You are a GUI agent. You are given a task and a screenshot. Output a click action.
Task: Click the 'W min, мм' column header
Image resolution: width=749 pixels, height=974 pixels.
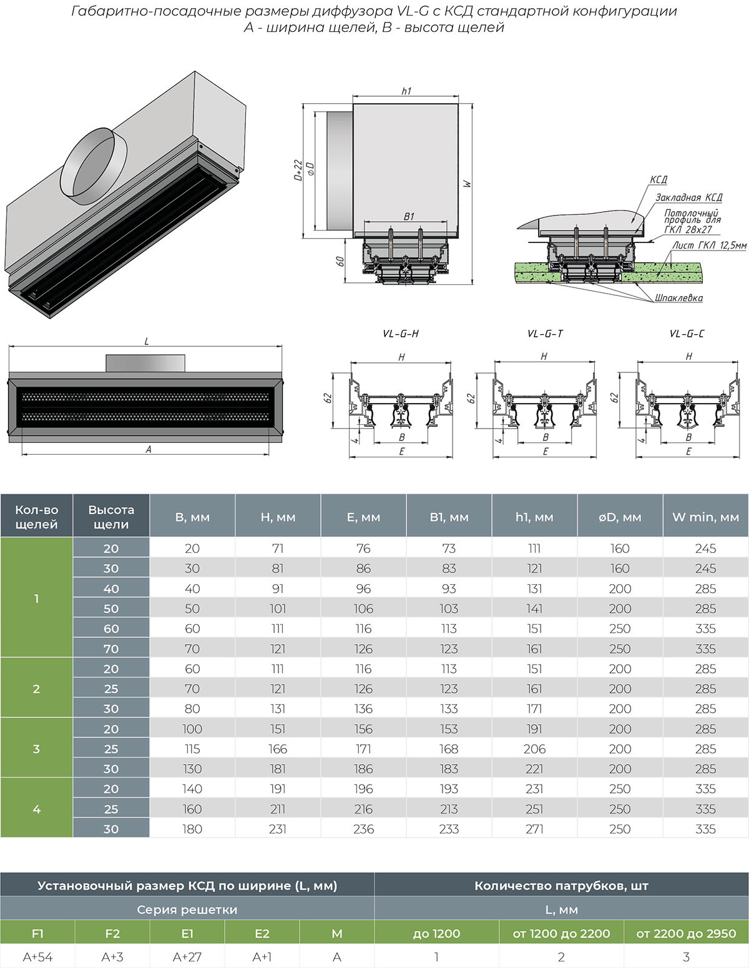click(705, 517)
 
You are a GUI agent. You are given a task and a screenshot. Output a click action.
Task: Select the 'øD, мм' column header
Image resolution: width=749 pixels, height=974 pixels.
click(619, 517)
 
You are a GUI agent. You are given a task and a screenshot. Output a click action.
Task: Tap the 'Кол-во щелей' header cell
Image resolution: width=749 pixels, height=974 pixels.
click(36, 517)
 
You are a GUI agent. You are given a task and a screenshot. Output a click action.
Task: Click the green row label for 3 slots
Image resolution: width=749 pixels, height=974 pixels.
click(36, 748)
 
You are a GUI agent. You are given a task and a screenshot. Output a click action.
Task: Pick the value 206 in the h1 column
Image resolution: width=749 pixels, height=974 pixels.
click(534, 748)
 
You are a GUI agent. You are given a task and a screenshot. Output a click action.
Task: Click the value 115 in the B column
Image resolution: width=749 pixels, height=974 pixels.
click(192, 748)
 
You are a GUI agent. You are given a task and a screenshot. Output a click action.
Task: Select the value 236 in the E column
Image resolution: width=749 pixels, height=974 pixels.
click(363, 829)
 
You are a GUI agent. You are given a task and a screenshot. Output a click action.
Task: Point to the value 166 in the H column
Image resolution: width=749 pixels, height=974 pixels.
click(278, 748)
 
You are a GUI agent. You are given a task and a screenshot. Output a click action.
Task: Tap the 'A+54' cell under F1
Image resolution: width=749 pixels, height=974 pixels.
click(37, 957)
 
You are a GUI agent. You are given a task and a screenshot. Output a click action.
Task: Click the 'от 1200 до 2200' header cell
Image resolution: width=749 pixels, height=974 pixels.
click(561, 933)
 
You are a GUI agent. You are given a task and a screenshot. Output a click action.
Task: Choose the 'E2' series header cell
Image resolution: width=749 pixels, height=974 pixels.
click(262, 933)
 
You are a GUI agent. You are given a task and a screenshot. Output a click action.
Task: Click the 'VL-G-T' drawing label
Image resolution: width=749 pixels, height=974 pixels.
click(545, 334)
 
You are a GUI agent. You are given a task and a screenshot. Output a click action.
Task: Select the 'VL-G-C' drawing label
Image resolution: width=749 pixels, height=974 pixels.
click(687, 334)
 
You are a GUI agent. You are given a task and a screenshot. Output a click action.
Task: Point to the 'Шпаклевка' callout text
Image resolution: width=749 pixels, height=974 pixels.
click(678, 298)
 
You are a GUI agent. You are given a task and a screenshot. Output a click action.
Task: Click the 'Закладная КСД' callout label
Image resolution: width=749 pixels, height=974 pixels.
click(688, 197)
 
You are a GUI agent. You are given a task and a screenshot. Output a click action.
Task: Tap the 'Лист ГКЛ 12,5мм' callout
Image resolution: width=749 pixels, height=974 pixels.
click(709, 246)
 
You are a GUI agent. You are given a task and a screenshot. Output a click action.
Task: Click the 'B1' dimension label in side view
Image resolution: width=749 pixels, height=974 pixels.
click(409, 217)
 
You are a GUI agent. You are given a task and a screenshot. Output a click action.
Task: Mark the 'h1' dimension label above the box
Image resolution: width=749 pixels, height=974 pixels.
click(406, 91)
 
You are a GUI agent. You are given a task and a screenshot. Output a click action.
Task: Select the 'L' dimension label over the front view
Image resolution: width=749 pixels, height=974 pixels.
click(147, 341)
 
